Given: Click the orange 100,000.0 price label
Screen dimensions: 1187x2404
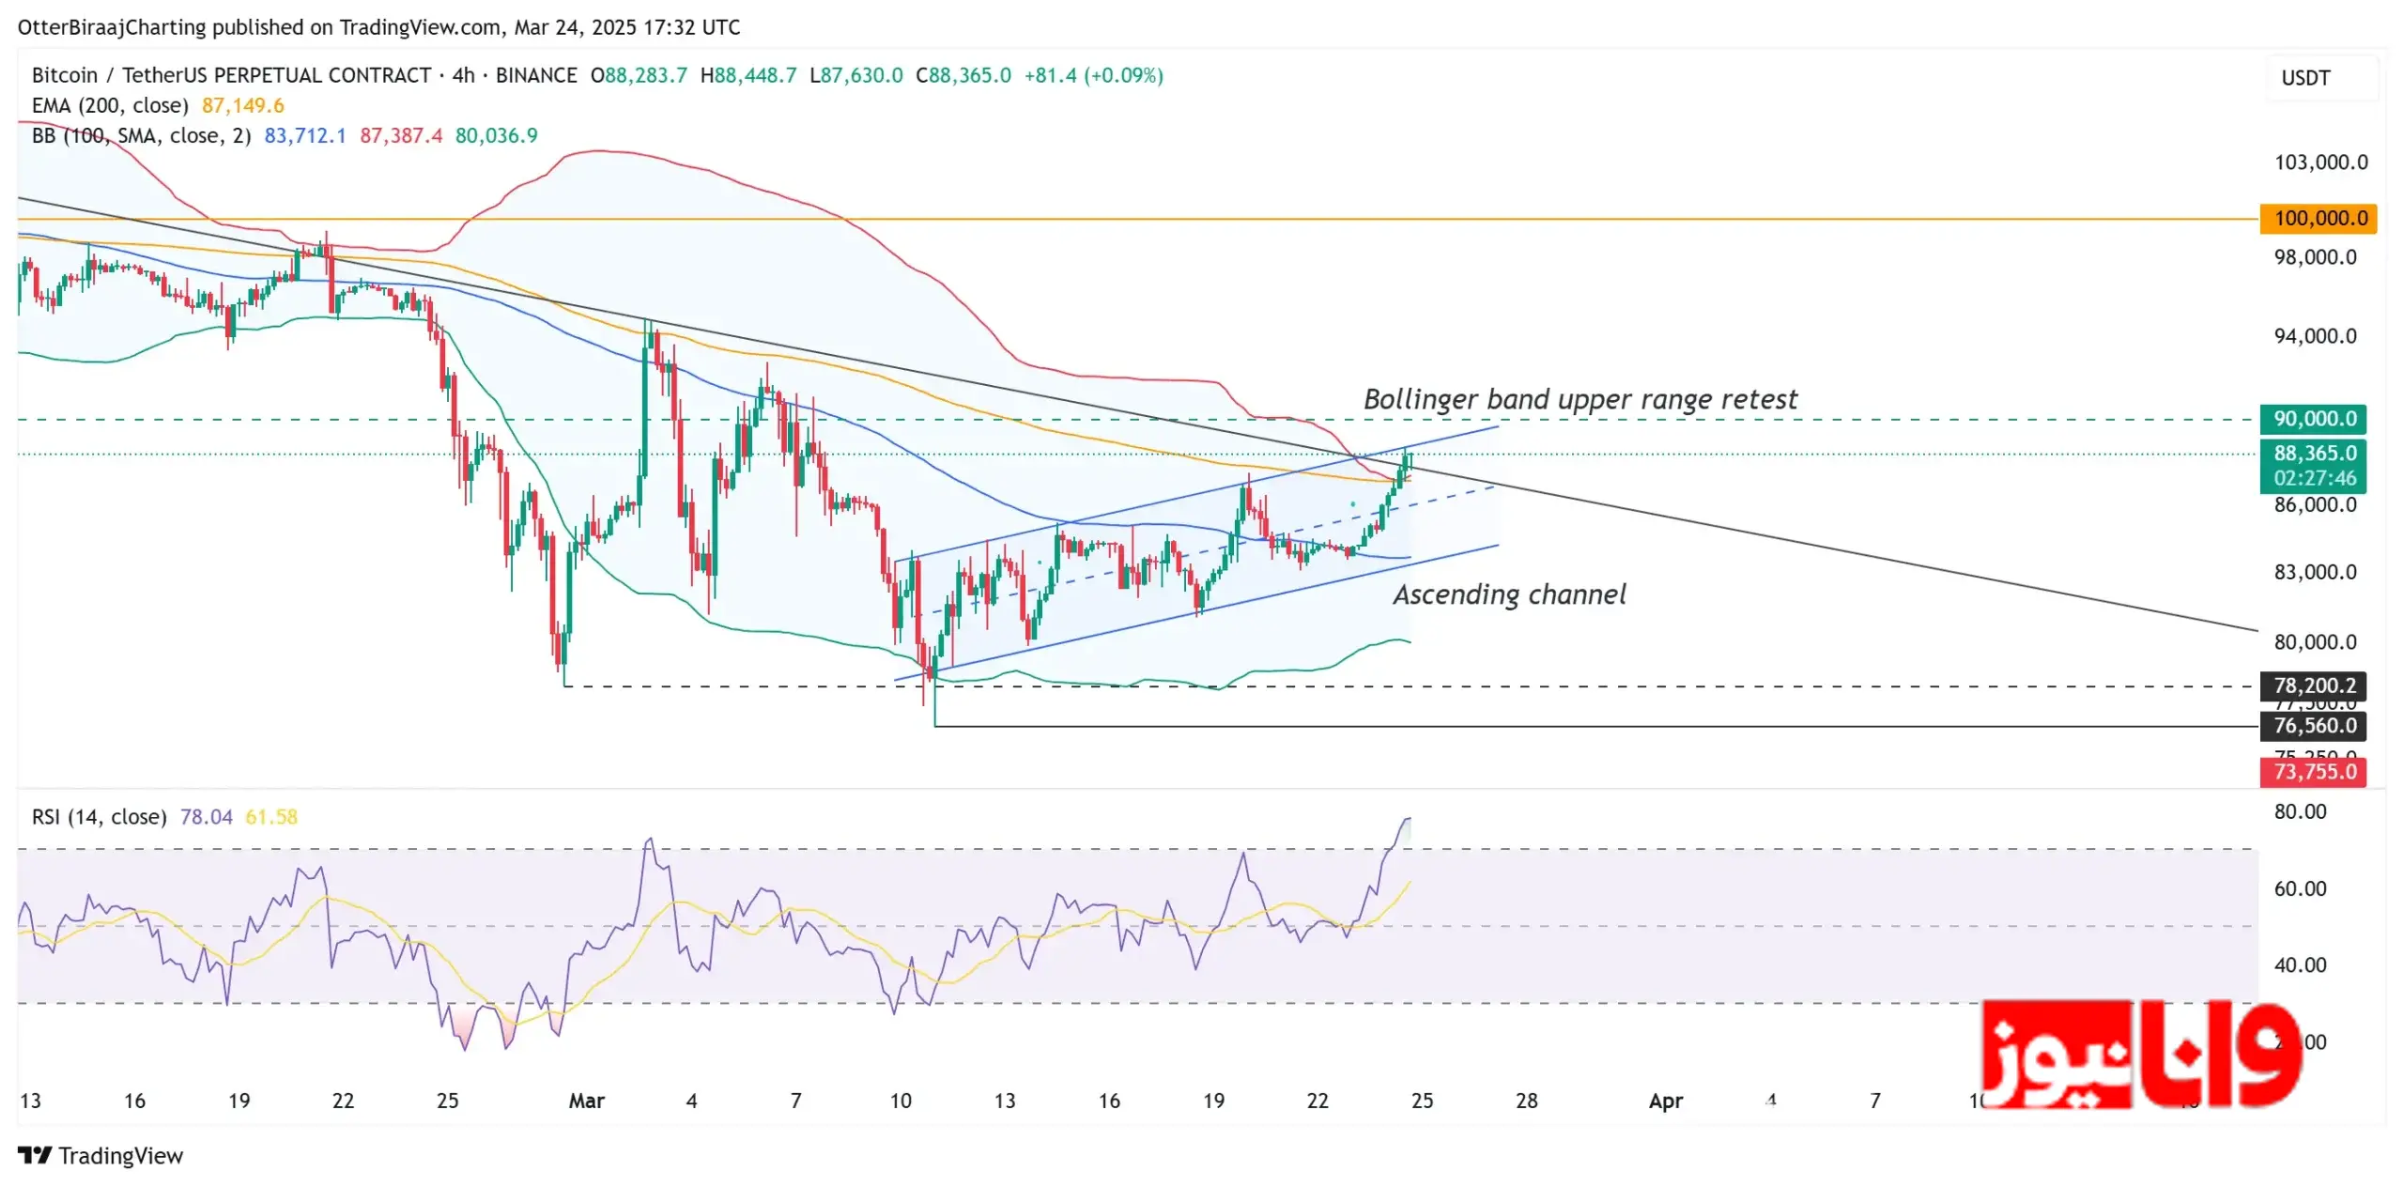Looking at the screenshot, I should click(x=2319, y=219).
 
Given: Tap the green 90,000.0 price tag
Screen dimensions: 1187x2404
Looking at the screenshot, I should click(x=2314, y=419).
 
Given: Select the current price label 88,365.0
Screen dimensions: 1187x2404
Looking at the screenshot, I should click(x=2314, y=454).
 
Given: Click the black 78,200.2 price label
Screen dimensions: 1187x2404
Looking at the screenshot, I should click(x=2314, y=686).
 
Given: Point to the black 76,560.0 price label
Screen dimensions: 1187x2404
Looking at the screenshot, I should click(x=2314, y=725).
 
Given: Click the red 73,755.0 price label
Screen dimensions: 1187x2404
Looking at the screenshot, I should click(x=2314, y=772).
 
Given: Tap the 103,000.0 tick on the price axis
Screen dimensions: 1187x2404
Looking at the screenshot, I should click(x=2320, y=162).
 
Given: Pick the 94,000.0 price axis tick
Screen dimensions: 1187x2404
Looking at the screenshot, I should click(x=2315, y=336).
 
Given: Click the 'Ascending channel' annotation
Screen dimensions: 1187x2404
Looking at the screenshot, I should click(x=1509, y=594).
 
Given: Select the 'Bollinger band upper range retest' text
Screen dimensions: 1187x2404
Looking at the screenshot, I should click(x=1580, y=399).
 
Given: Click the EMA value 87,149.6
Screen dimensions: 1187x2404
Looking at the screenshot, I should click(x=242, y=105).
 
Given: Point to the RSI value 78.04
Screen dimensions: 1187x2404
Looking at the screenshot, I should click(x=206, y=817).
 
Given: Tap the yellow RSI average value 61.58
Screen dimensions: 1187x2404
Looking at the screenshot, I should click(x=270, y=817).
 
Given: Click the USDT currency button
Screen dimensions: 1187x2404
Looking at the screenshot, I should click(x=2305, y=78).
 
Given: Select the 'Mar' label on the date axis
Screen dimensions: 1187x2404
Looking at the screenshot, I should click(x=586, y=1101).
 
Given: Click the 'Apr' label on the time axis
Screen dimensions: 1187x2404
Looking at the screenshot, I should click(x=1665, y=1101).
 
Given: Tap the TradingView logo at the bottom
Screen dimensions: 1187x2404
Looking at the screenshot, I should click(x=100, y=1156).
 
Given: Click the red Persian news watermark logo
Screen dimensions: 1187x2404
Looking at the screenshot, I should click(x=2141, y=1055).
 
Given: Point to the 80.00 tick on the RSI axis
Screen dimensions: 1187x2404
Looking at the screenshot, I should click(x=2300, y=811).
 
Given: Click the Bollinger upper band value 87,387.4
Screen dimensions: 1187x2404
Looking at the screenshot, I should click(x=401, y=135).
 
